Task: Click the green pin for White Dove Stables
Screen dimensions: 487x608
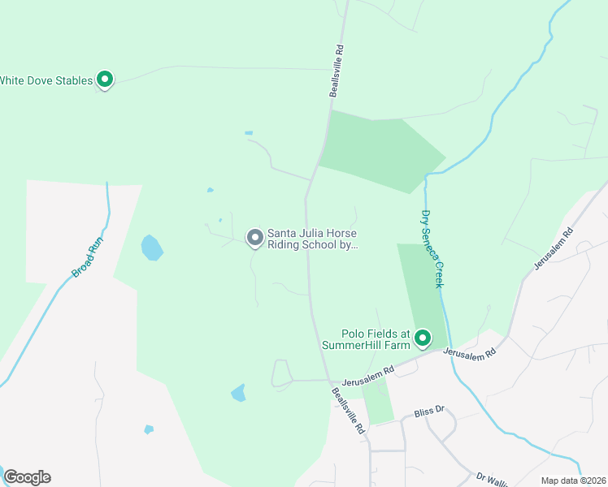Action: pos(104,79)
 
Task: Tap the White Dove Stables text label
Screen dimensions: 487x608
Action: pos(46,80)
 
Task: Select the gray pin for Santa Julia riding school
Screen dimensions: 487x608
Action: pos(254,237)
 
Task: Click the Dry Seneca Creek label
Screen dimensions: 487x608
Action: pos(432,249)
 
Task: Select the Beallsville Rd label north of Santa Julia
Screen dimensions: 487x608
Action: pos(337,71)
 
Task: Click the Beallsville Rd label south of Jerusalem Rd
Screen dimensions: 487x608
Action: pos(348,412)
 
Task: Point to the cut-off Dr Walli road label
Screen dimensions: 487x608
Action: pos(493,479)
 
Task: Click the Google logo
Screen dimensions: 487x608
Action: pos(27,477)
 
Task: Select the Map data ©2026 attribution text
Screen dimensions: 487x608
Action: pos(573,481)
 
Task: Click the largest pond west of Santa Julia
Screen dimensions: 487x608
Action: pos(151,247)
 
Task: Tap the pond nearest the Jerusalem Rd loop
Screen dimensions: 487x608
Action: pos(238,393)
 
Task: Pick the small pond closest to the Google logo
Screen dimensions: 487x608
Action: pos(149,429)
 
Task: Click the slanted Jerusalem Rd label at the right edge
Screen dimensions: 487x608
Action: pos(554,249)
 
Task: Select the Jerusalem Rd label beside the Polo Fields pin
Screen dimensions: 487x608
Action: pos(468,352)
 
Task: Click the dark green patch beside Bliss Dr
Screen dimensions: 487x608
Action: pos(376,402)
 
